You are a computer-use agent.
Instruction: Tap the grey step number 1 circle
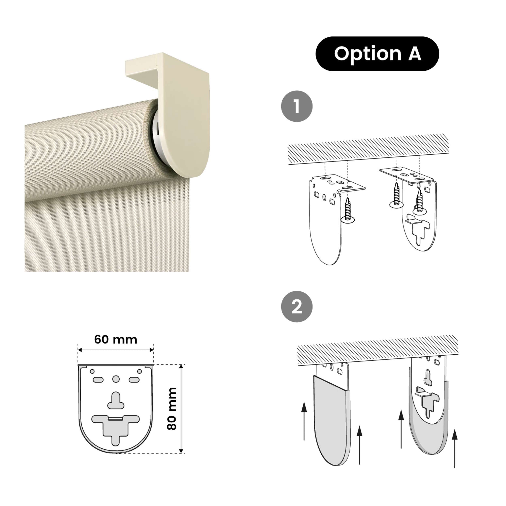point(297,106)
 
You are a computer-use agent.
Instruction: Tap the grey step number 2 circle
point(297,307)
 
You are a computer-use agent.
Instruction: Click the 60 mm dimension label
point(116,339)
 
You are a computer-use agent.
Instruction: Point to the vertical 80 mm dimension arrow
point(181,409)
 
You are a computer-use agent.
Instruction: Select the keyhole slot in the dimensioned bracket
point(116,401)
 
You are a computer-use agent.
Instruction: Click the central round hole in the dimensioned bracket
point(116,379)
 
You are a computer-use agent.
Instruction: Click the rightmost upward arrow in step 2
point(455,448)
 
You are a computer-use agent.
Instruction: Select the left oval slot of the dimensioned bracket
point(98,380)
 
